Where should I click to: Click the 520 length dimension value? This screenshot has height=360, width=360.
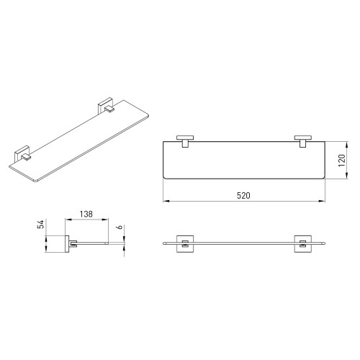click(x=243, y=196)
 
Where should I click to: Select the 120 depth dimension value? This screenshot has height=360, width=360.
click(x=342, y=161)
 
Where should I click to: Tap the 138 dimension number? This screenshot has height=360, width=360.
click(x=86, y=214)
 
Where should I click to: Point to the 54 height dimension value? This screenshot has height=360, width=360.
click(x=42, y=224)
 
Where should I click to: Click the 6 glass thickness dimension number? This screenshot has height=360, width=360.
click(x=121, y=227)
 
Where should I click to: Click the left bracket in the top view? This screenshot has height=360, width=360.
click(x=185, y=141)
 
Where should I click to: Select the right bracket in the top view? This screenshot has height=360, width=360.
click(x=303, y=141)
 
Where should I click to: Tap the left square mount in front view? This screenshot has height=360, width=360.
click(x=185, y=244)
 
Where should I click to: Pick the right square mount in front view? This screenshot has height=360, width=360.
click(x=303, y=244)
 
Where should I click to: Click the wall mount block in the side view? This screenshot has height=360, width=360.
click(x=67, y=244)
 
